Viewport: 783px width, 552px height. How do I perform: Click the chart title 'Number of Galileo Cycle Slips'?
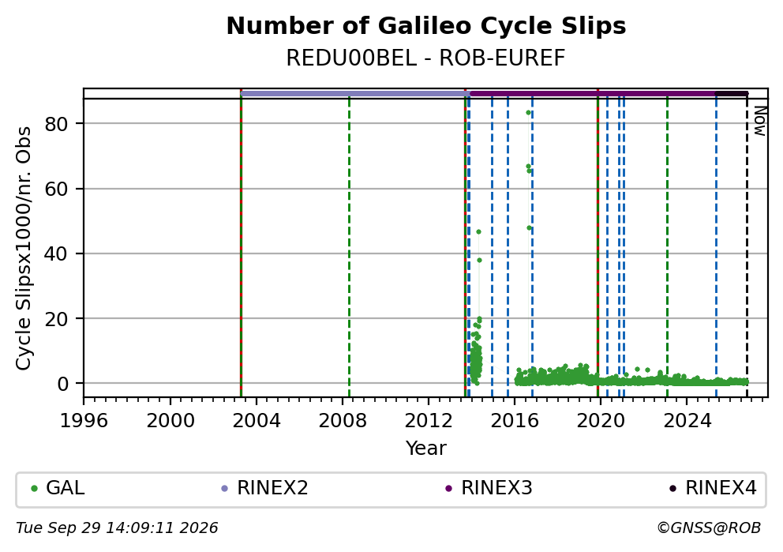(x=426, y=26)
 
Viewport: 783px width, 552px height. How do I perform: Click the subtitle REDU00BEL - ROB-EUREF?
(x=426, y=58)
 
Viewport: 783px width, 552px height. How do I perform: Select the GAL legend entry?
(x=58, y=488)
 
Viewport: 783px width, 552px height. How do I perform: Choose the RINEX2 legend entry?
(x=264, y=488)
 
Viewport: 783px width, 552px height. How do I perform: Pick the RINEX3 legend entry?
(x=489, y=488)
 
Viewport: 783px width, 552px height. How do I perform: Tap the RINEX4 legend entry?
(x=713, y=488)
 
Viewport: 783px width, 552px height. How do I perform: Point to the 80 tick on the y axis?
(x=56, y=124)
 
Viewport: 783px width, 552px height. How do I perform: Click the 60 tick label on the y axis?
(x=56, y=189)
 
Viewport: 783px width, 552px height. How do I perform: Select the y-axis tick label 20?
(x=56, y=319)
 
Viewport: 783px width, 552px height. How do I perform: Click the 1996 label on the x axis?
(x=84, y=421)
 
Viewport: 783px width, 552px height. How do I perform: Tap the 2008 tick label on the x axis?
(x=343, y=421)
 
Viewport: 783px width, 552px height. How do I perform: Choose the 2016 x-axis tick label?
(x=515, y=421)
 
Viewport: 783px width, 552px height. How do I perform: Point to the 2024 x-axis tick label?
(x=687, y=421)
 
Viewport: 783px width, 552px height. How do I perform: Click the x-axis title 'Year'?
(x=426, y=448)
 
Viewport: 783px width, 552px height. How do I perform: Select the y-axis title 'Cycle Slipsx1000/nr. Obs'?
(x=24, y=248)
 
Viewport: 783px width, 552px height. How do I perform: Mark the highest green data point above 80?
(x=528, y=113)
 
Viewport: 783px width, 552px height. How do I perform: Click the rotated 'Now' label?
(x=759, y=121)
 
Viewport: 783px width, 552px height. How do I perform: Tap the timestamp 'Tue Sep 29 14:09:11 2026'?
(x=117, y=528)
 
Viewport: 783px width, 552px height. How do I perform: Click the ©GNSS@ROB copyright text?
(x=709, y=528)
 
